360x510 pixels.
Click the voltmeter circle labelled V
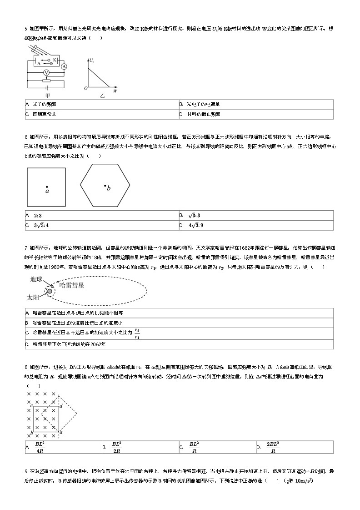tap(46, 73)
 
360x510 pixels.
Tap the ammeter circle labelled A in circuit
tap(64, 66)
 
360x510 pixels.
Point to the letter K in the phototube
tap(54, 60)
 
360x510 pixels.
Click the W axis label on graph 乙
tap(115, 91)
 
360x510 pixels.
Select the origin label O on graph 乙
tap(85, 88)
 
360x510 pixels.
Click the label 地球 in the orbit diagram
tap(37, 278)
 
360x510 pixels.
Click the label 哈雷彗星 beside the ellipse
tap(72, 285)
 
